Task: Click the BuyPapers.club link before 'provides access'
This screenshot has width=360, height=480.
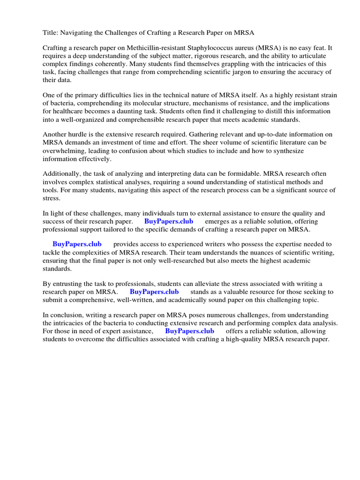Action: (x=77, y=244)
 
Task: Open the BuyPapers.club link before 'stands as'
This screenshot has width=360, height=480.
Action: (x=154, y=292)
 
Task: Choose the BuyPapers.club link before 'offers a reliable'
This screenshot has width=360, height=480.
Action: (x=189, y=331)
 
